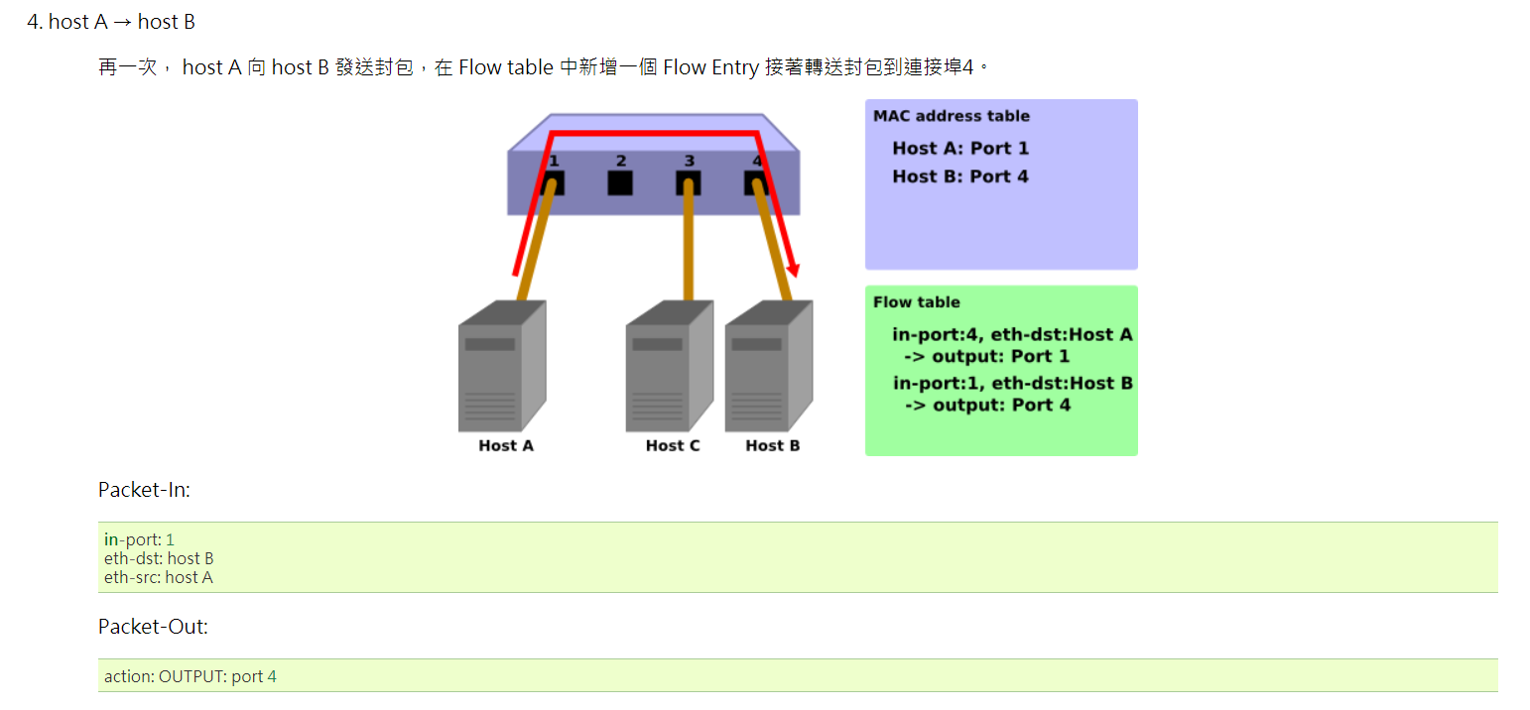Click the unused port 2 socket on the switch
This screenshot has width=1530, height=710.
(x=620, y=183)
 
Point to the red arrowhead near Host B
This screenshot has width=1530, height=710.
(x=793, y=269)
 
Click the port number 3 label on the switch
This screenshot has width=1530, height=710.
(x=689, y=161)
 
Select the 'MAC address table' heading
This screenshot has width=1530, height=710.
(x=951, y=116)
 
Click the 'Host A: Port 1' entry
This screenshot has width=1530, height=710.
(x=959, y=149)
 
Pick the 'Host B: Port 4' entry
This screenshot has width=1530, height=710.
(x=959, y=177)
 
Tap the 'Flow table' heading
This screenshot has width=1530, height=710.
(x=916, y=302)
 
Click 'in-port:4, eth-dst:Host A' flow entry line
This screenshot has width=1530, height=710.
(x=1011, y=335)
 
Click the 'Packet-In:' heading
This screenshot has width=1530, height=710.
(x=144, y=490)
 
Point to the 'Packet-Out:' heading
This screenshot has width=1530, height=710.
(x=153, y=627)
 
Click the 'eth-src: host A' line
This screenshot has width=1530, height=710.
(x=159, y=577)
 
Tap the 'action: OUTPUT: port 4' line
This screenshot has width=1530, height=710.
(x=191, y=676)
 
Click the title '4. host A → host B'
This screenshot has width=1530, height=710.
(x=111, y=22)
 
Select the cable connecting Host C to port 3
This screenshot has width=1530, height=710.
(x=688, y=248)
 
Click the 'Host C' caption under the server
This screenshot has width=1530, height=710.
(x=672, y=446)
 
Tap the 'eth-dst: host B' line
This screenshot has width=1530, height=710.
(x=159, y=558)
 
